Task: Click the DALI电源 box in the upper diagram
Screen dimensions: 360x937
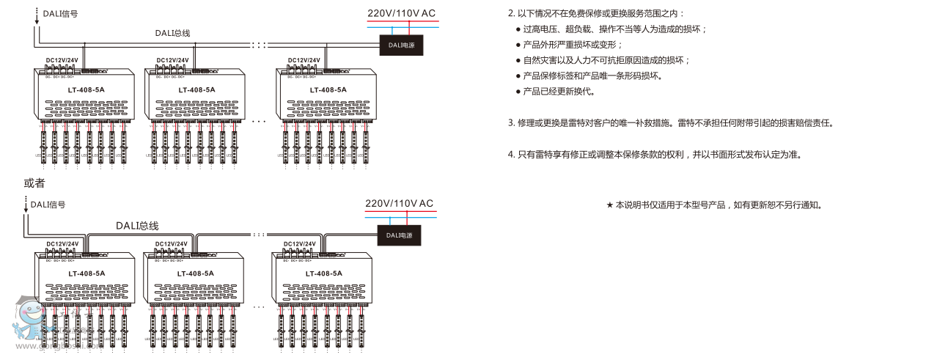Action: point(402,45)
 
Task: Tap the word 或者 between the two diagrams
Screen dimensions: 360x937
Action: point(34,183)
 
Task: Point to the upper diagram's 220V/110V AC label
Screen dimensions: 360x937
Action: point(401,13)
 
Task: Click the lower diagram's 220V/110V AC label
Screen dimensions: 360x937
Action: point(400,203)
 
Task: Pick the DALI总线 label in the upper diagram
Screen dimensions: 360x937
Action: point(172,33)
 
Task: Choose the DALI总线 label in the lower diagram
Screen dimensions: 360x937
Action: point(136,226)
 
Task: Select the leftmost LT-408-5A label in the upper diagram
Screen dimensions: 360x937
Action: point(87,90)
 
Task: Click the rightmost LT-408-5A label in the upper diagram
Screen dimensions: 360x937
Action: point(328,90)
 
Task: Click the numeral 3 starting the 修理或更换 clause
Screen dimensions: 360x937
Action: point(511,123)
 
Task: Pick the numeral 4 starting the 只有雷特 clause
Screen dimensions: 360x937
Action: point(511,155)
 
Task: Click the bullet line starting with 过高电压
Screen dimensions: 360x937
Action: point(614,29)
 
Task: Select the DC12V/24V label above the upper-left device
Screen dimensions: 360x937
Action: point(62,60)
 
